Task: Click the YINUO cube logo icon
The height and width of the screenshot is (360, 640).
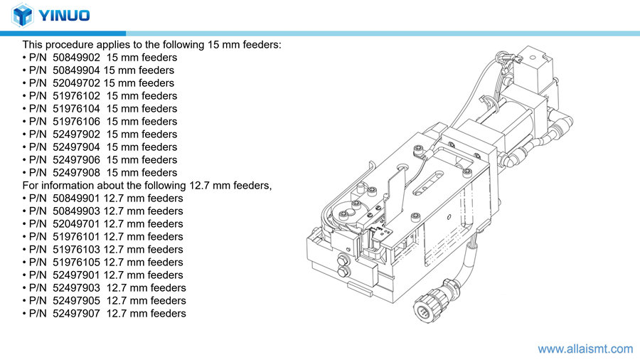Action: click(23, 15)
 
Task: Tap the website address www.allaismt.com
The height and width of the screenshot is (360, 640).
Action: click(585, 349)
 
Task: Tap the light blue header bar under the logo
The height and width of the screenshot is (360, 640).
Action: click(384, 33)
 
